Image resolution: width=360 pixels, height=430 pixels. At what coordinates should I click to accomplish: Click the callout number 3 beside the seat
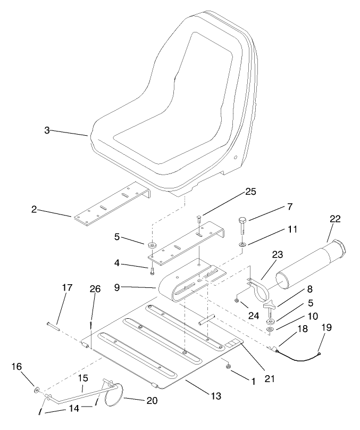47,130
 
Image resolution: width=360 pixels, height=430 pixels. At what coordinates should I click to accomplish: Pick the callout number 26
95,290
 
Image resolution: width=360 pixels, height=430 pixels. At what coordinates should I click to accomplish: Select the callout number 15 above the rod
83,378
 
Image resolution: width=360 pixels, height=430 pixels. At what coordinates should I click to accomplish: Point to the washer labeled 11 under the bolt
242,245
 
